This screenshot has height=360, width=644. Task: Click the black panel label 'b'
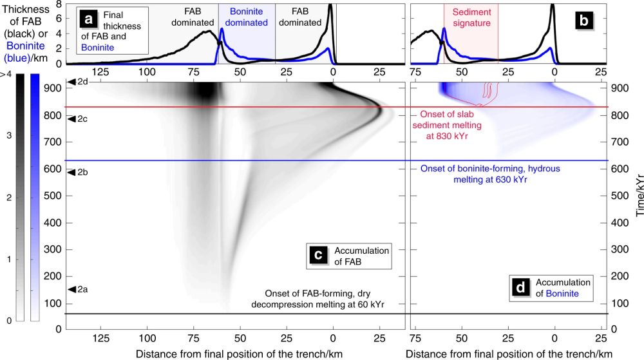[x=584, y=20]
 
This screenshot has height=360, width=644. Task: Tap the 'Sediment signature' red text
[x=470, y=17]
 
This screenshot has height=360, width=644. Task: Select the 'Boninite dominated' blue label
[x=247, y=17]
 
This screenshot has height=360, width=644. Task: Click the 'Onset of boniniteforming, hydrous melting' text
[x=489, y=174]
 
